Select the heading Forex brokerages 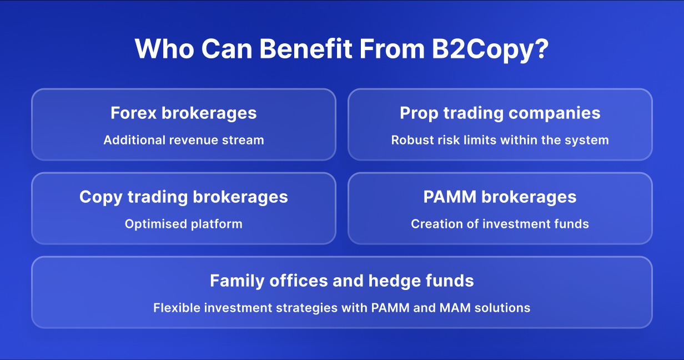(183, 113)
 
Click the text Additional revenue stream (183, 140)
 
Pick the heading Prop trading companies (500, 113)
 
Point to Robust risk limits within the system (500, 140)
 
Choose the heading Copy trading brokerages (183, 197)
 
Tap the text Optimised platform (183, 224)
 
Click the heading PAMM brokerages (500, 197)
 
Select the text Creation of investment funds (500, 224)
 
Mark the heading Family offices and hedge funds (341, 281)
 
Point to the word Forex (133, 113)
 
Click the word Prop (418, 114)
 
